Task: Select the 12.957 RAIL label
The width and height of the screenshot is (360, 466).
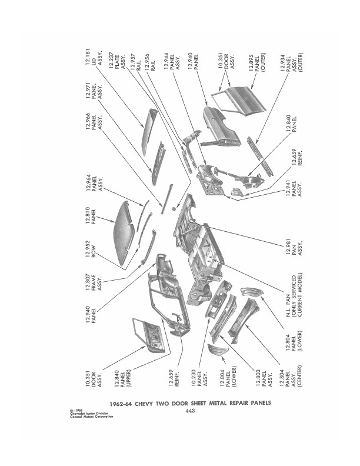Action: click(135, 62)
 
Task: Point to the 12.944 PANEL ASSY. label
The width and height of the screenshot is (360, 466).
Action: click(172, 62)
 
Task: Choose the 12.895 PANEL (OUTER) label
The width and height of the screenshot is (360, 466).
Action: click(257, 63)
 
